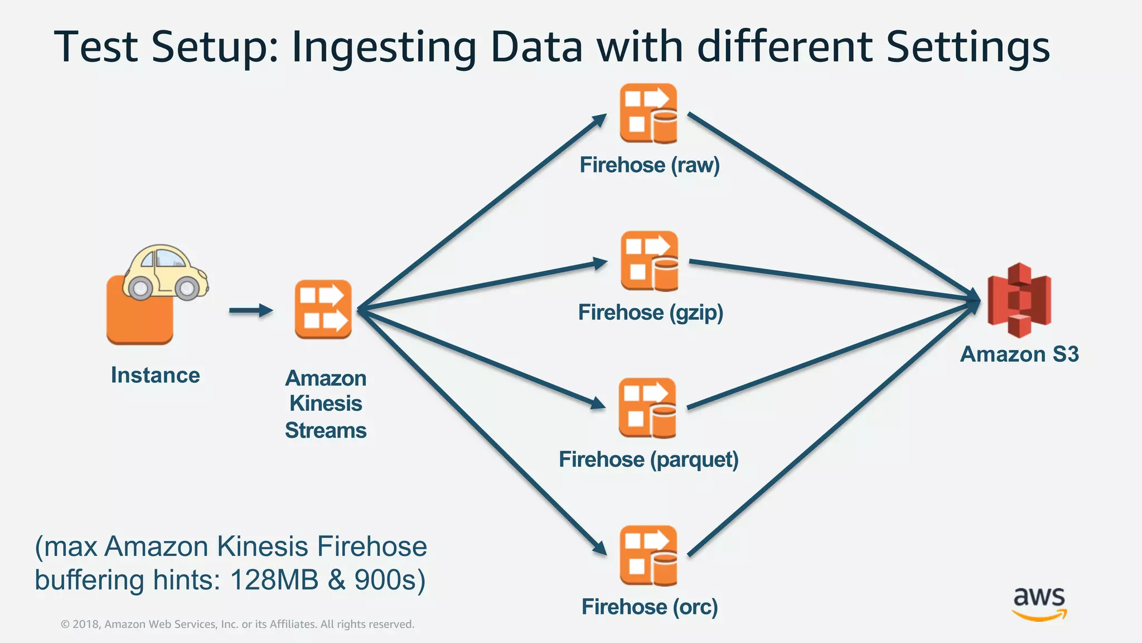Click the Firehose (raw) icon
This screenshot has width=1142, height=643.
tap(649, 113)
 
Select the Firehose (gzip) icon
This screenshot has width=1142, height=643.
tap(650, 261)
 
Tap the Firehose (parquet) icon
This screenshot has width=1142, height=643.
tap(647, 408)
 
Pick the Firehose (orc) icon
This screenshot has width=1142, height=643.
tap(649, 555)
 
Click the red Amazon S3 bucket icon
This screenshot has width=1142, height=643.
tap(1019, 300)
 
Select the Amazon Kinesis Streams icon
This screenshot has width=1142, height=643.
tap(323, 309)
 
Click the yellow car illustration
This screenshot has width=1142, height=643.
tap(164, 272)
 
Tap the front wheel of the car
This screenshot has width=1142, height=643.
tap(187, 288)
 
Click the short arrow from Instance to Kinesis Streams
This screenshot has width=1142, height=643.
tap(250, 310)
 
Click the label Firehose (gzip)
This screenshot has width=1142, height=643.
tap(650, 313)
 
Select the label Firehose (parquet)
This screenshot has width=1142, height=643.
tap(649, 460)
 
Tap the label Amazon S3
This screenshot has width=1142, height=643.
tap(1019, 354)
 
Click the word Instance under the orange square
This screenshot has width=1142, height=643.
tap(155, 375)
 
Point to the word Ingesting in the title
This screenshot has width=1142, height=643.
tap(384, 47)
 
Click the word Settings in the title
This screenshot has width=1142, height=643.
tap(967, 47)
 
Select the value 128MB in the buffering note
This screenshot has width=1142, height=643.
tap(274, 580)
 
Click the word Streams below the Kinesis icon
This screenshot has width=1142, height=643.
tap(326, 430)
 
